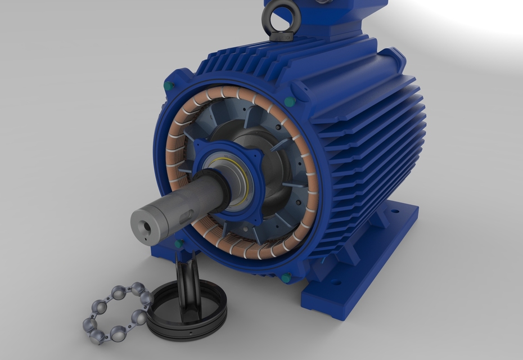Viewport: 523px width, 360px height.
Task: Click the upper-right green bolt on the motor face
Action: tap(290, 102)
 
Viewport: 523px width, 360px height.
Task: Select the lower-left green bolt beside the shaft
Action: tap(179, 245)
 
